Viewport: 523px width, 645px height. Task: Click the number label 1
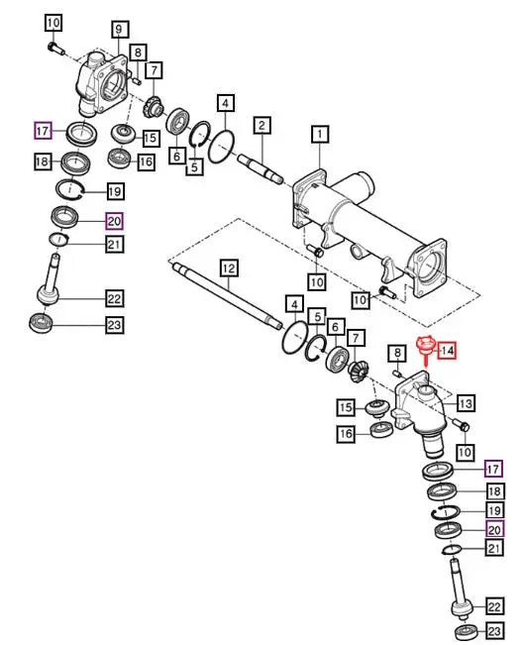click(320, 135)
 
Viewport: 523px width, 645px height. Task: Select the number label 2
click(261, 126)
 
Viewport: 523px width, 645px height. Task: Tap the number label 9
click(119, 30)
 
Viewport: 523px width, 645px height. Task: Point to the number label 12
click(229, 269)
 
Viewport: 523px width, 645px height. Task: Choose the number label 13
click(466, 403)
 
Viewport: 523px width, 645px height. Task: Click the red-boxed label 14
click(447, 351)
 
